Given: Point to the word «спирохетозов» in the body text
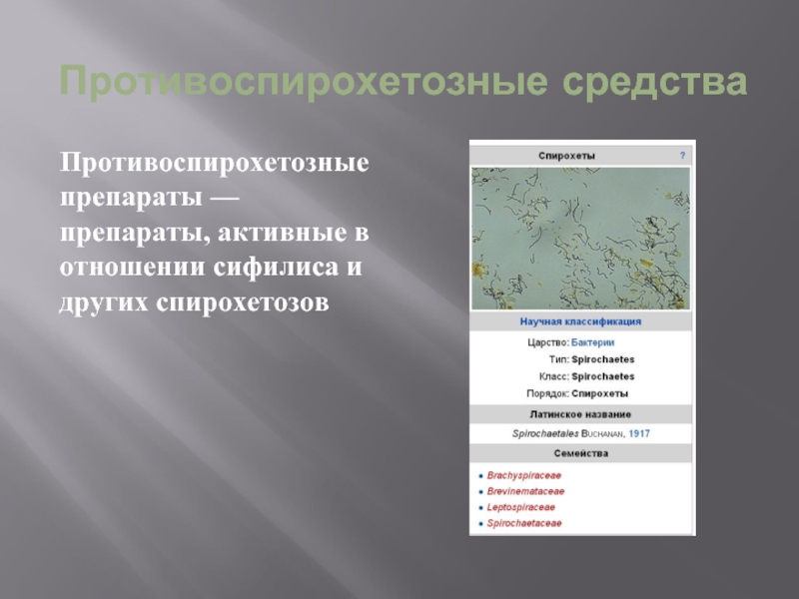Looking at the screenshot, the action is tap(243, 302).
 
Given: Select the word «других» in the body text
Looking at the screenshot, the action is tap(105, 303).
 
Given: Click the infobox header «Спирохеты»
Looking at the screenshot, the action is tap(566, 156).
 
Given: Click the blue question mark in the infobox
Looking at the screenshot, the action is tap(683, 156).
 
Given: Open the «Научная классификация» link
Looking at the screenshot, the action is tap(580, 321).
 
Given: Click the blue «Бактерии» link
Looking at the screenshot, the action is tap(592, 342).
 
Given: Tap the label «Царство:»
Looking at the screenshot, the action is tap(548, 342).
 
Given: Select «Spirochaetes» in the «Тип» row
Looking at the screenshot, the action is tap(603, 359).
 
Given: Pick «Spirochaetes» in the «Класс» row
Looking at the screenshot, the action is tap(603, 377).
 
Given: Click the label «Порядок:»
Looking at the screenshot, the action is tap(547, 393).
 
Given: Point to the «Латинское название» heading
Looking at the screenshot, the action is tap(580, 414).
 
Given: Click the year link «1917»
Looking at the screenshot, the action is tap(639, 433).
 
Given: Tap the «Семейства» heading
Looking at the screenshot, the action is tap(581, 453).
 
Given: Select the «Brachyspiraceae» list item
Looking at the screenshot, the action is tap(523, 476).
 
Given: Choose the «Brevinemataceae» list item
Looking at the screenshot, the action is tap(525, 491).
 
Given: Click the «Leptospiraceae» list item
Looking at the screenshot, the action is tap(520, 507).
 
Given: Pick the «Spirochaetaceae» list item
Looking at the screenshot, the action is tap(523, 523).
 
